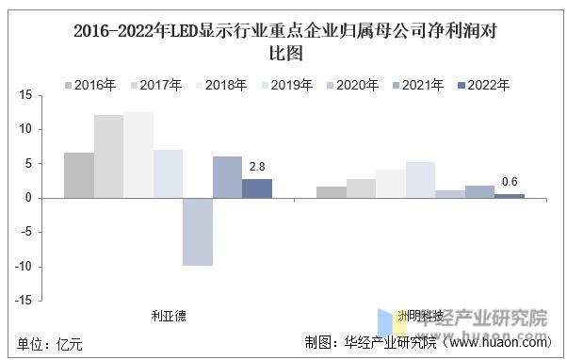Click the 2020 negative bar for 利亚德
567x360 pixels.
point(197,232)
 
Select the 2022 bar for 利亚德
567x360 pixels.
point(256,188)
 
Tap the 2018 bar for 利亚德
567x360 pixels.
point(138,155)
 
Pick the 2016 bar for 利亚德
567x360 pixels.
point(79,175)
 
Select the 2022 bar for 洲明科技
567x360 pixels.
point(509,196)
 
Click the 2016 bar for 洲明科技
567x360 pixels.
point(331,192)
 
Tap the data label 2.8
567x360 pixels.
point(256,167)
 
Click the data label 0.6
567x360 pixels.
point(510,182)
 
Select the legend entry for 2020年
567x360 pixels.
point(350,85)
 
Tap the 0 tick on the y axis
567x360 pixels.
point(29,198)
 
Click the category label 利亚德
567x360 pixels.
point(169,316)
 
